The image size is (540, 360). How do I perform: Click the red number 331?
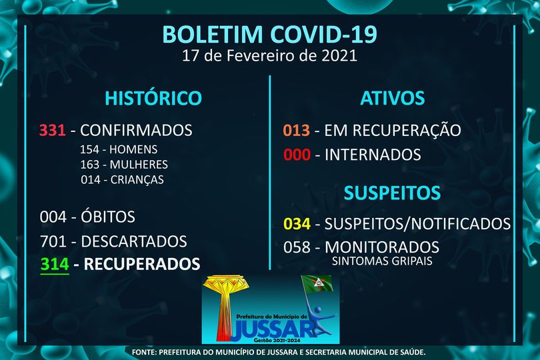point(53,130)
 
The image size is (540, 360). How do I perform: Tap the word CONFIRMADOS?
point(137,130)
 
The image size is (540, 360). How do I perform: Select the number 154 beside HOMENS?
point(89,149)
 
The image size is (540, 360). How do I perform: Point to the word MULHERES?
point(139,164)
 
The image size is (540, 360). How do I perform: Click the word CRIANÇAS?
point(137,180)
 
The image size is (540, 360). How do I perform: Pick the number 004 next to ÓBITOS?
point(53,217)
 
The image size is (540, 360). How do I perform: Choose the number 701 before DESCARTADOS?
point(53,241)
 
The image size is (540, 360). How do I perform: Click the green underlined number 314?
point(55,264)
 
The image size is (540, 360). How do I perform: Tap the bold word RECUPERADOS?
point(142,264)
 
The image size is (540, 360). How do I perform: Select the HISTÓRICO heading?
point(153,97)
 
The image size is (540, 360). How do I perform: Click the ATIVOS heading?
point(392,98)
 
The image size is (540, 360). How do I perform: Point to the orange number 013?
point(297,130)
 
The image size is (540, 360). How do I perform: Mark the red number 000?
point(297,155)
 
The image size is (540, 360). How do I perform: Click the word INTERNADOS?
point(373,155)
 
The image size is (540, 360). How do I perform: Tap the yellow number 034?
point(297,223)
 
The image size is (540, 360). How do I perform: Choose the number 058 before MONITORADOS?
point(297,247)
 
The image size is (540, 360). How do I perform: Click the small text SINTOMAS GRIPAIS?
point(382,261)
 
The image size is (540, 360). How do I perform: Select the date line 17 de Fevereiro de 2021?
point(269,55)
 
